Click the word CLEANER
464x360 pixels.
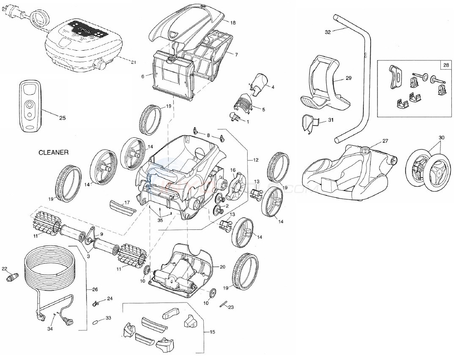54,153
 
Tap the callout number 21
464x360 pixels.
134,63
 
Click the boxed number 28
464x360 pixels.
447,65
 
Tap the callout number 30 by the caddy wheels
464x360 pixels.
442,138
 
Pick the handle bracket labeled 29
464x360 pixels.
325,85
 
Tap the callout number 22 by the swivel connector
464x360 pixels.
4,268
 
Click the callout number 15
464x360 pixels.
212,332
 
